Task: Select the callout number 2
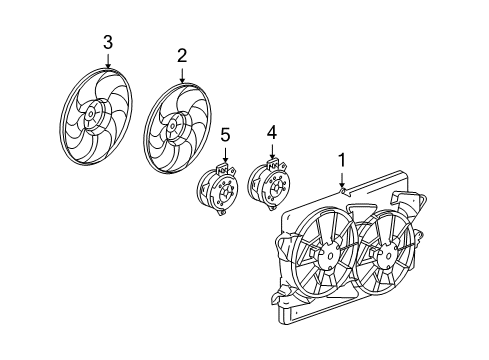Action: pos(182,54)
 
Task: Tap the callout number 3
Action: pos(108,41)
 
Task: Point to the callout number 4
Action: pos(270,131)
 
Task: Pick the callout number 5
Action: pos(225,133)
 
